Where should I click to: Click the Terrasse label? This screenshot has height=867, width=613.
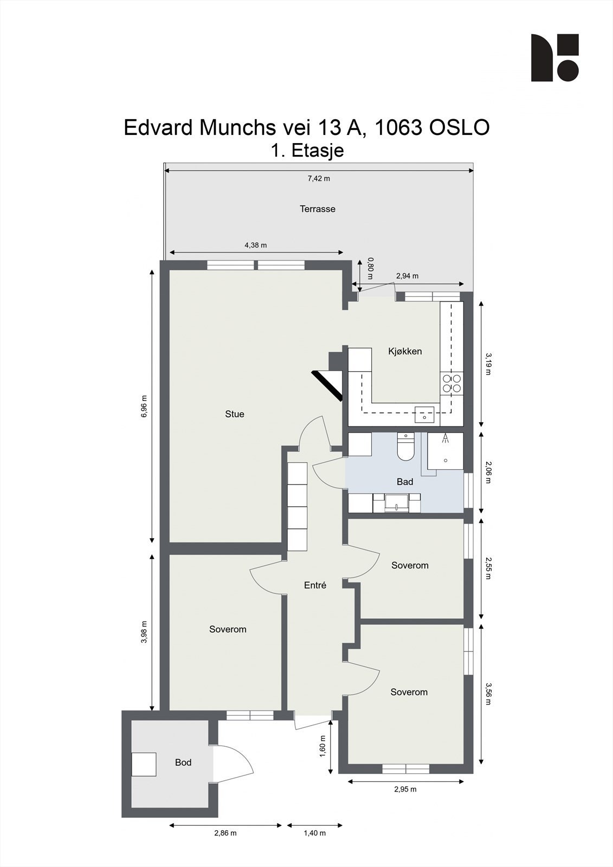pyautogui.click(x=318, y=209)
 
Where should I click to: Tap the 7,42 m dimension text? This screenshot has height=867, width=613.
pyautogui.click(x=319, y=179)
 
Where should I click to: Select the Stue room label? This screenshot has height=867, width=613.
pyautogui.click(x=235, y=414)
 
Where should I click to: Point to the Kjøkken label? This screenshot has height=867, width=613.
pyautogui.click(x=405, y=351)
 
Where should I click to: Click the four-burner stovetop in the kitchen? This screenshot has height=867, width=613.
pyautogui.click(x=451, y=383)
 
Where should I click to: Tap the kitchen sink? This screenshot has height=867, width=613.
pyautogui.click(x=424, y=415)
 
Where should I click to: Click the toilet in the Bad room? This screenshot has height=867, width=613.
pyautogui.click(x=405, y=447)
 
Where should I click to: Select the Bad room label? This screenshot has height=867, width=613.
pyautogui.click(x=405, y=482)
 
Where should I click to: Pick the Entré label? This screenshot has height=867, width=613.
pyautogui.click(x=315, y=585)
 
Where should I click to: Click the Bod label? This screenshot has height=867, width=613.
pyautogui.click(x=183, y=762)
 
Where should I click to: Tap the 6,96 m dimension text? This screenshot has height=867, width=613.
pyautogui.click(x=144, y=406)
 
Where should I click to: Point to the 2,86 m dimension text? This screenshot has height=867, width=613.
pyautogui.click(x=225, y=833)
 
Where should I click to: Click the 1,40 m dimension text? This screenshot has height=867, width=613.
pyautogui.click(x=314, y=833)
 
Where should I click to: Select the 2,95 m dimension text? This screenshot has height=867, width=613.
pyautogui.click(x=405, y=789)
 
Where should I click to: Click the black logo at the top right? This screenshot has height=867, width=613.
pyautogui.click(x=554, y=58)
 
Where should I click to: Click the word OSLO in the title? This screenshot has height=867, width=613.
pyautogui.click(x=460, y=128)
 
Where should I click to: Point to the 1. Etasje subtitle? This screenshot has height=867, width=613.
pyautogui.click(x=307, y=150)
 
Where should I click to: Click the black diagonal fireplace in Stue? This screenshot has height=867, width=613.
pyautogui.click(x=327, y=385)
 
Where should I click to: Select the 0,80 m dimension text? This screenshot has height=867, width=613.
pyautogui.click(x=371, y=268)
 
